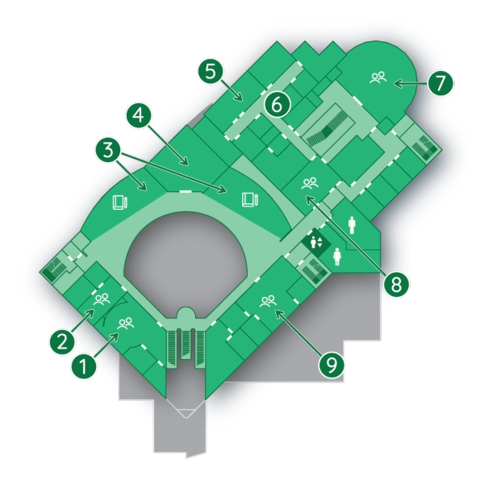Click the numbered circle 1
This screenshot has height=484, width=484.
coord(84,366)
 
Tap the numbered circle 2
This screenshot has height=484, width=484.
coord(62,342)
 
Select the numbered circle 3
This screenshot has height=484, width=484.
coord(108,151)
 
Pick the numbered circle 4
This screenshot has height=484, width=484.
coord(140,116)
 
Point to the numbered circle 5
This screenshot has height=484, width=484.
coord(211,72)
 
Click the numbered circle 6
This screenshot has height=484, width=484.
coord(277,104)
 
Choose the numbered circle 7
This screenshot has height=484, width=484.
coord(440,82)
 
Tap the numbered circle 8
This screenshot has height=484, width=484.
coord(396,284)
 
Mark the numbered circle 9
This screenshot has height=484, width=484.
coord(332,365)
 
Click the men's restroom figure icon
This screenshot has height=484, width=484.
coord(352,225)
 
